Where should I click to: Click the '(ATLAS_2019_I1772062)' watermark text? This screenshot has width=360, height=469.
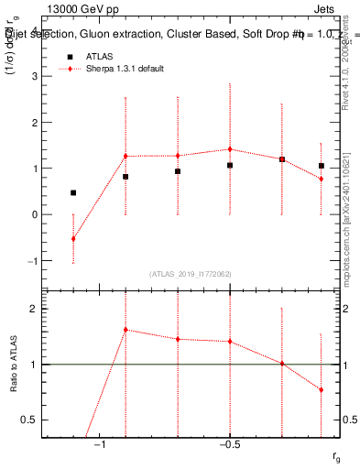(189, 273)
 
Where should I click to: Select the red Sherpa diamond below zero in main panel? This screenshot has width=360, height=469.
(73, 238)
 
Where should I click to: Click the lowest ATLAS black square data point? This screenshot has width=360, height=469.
(73, 192)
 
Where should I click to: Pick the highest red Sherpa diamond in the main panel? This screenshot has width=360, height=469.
(230, 149)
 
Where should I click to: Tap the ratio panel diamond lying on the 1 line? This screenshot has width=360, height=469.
(282, 364)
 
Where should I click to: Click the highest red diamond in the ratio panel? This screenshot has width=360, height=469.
(125, 330)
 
